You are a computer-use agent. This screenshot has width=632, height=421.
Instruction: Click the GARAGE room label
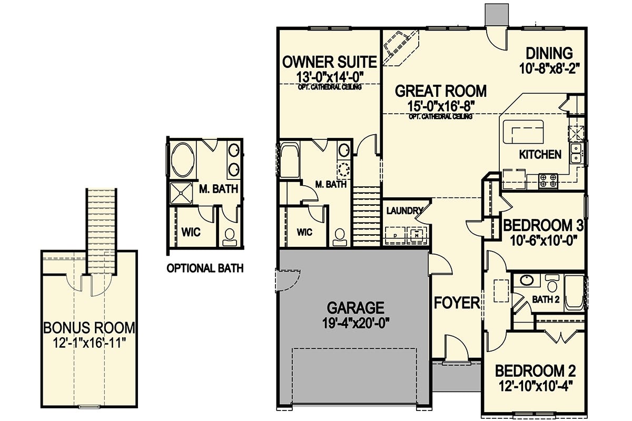355,308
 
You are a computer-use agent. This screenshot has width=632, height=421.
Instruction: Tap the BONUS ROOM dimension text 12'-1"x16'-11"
89,344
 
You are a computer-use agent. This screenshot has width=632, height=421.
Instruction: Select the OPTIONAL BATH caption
205,268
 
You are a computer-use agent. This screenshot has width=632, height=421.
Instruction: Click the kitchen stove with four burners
548,181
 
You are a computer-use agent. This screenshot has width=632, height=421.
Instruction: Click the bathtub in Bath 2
574,293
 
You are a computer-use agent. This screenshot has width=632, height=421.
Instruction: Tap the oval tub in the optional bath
183,160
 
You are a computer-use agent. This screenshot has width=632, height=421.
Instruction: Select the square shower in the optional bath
181,193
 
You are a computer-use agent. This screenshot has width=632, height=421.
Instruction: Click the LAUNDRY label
404,210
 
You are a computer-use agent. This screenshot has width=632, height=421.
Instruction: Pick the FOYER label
457,303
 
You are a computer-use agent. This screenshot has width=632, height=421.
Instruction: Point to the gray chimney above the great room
497,15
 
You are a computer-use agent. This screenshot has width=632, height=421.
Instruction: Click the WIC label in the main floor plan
304,232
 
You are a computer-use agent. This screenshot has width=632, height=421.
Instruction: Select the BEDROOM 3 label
544,226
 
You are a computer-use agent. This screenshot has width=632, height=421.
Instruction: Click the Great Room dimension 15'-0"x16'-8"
441,107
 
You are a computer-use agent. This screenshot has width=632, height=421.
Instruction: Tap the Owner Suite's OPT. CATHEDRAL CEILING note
330,87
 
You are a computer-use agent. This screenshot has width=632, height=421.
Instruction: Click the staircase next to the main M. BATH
366,217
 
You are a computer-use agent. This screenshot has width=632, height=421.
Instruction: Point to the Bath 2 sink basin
527,280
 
